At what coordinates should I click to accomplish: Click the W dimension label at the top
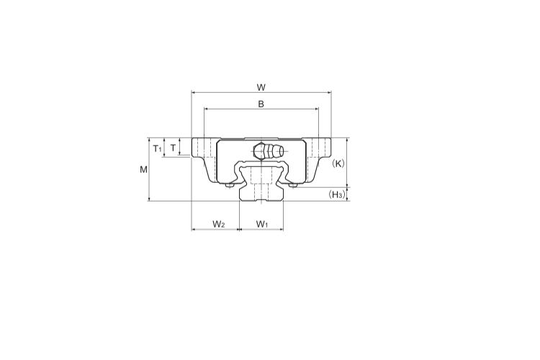click(x=261, y=88)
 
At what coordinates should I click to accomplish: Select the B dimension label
click(x=261, y=104)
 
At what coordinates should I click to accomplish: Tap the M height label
click(x=143, y=169)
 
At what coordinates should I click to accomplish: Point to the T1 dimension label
click(x=157, y=149)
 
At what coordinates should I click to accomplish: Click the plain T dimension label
click(x=174, y=148)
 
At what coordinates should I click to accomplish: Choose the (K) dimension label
click(x=338, y=163)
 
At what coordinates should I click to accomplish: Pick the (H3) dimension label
click(x=336, y=194)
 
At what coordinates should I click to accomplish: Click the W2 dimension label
click(x=219, y=224)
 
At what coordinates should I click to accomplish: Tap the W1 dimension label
click(x=262, y=224)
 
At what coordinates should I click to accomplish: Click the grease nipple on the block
click(x=269, y=151)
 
